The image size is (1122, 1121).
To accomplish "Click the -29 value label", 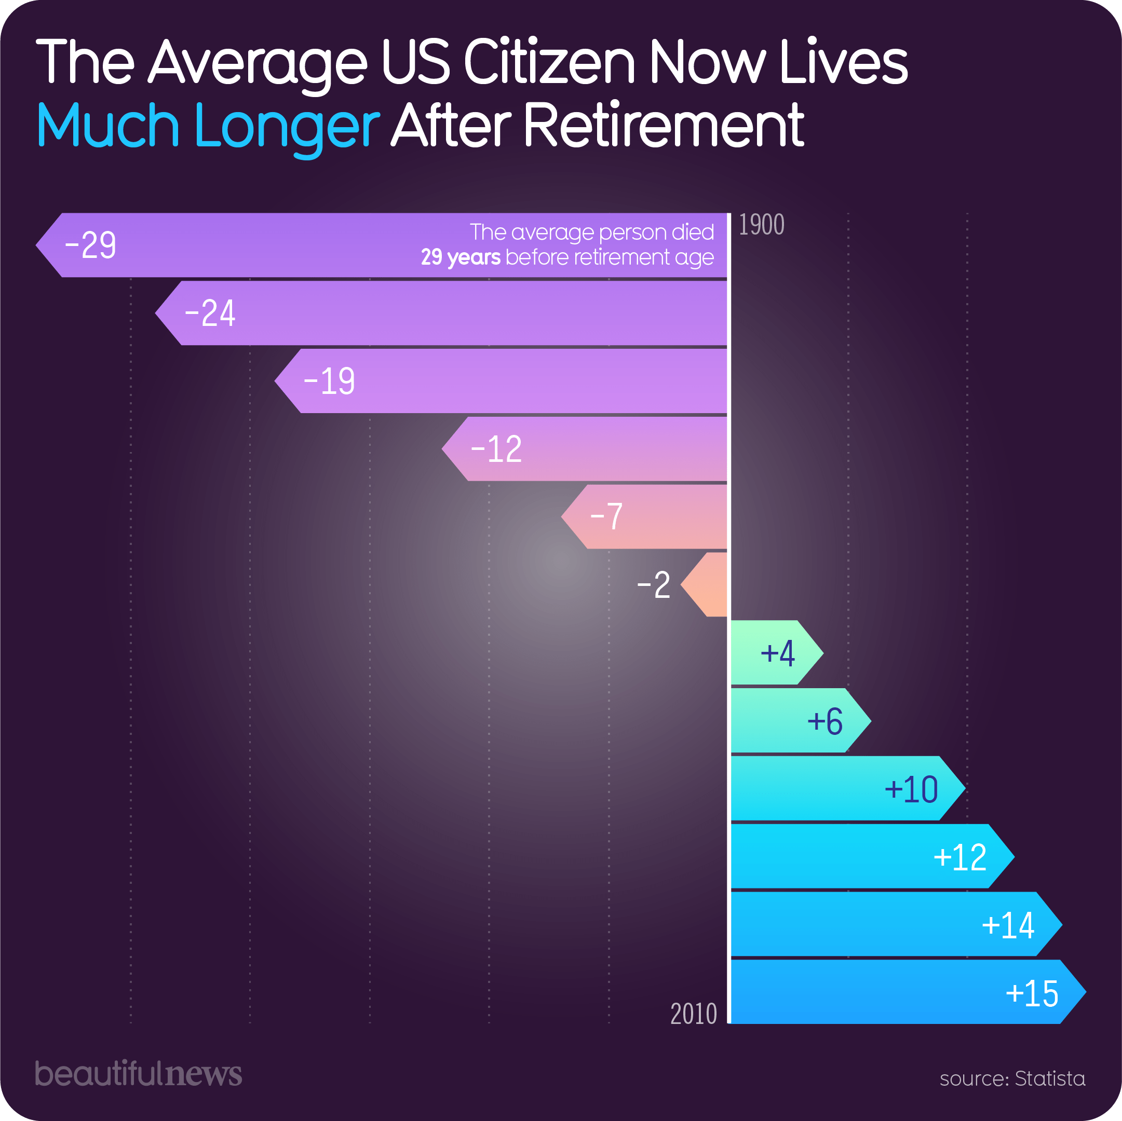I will point(90,245).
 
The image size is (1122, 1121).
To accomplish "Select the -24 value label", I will point(210,313).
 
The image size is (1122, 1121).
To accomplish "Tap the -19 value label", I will point(329,381).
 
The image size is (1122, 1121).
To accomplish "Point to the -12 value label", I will point(496,449).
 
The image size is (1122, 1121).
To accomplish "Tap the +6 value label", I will point(824,721).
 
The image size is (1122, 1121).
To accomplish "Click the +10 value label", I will point(911,789).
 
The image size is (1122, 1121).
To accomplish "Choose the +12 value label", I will point(960,857).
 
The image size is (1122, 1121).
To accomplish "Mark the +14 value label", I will point(1008,925).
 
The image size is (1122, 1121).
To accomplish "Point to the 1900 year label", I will point(761,225).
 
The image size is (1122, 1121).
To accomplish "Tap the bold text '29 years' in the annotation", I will point(461,257).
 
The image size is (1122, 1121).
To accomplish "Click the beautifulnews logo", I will point(138,1073).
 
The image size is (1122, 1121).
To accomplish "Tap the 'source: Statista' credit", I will point(1012,1078).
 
